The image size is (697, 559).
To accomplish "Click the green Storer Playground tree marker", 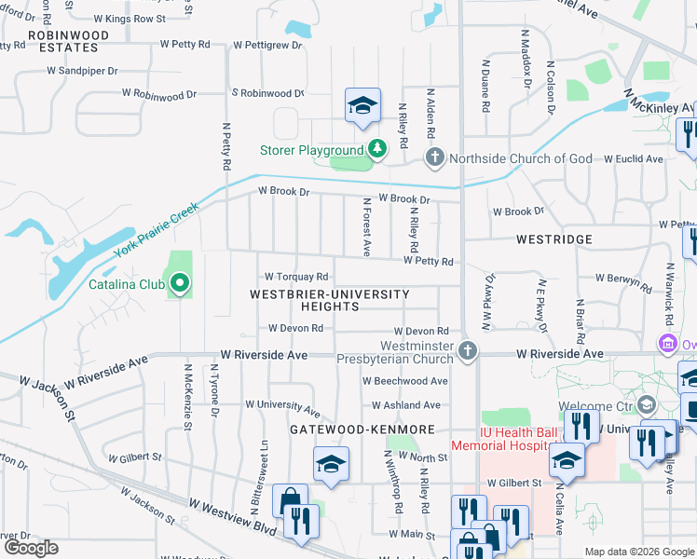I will [x=376, y=149].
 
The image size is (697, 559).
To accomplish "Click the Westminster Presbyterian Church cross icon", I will [x=469, y=350].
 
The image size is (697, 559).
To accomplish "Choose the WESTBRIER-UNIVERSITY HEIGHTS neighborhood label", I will [x=329, y=301].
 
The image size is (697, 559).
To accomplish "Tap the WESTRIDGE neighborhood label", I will [x=554, y=239].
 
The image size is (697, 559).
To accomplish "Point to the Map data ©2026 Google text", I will [x=638, y=552].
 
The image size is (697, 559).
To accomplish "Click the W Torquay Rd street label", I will [x=296, y=277].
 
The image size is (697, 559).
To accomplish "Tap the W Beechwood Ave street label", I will [x=405, y=381].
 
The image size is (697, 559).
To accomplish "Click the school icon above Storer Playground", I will [x=362, y=104].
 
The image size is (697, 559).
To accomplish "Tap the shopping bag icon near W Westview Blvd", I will [x=290, y=500].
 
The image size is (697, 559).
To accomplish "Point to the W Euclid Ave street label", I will [x=633, y=159].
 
